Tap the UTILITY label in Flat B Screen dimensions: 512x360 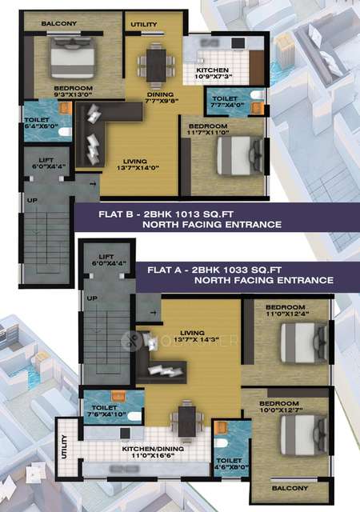144,25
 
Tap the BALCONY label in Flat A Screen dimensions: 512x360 290,487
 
